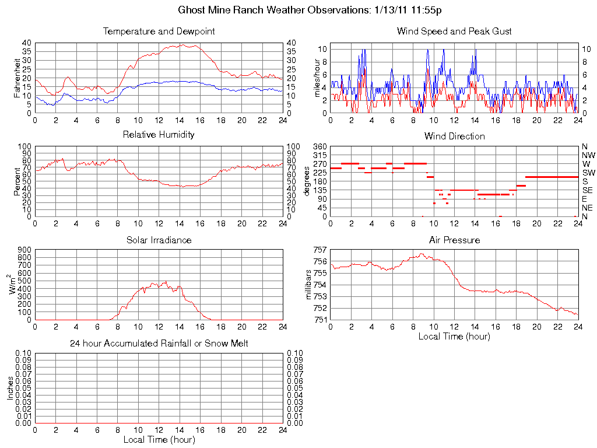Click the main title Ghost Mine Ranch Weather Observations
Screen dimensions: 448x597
[x=314, y=10]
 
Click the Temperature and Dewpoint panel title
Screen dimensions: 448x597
[x=159, y=31]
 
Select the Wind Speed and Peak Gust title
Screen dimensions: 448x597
[x=454, y=31]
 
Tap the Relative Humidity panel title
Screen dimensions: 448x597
[x=159, y=135]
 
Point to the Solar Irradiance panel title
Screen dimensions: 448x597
[x=159, y=240]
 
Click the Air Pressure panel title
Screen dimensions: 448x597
[x=454, y=240]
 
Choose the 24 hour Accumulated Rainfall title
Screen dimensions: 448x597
[x=159, y=344]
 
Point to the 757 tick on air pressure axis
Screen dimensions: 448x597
[x=320, y=250]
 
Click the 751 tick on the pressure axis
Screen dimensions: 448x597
[x=320, y=320]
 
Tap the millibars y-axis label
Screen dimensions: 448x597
[x=310, y=285]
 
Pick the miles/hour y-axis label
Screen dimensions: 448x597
[x=318, y=78]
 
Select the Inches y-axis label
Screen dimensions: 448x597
[x=10, y=387]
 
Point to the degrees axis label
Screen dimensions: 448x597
[x=307, y=181]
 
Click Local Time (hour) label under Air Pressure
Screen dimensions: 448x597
[x=454, y=336]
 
